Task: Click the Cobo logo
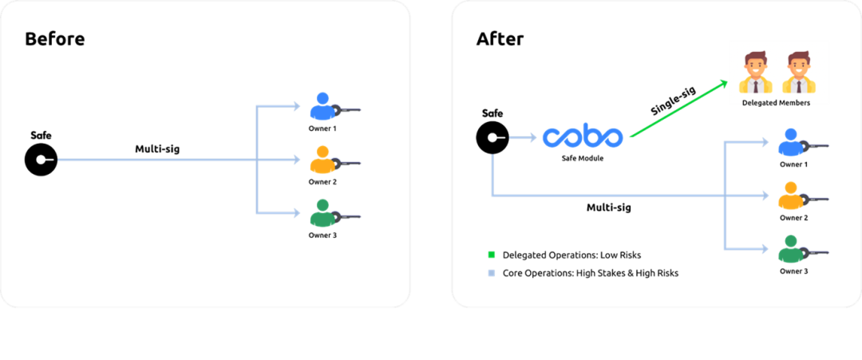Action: (x=583, y=137)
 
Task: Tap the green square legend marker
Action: (x=491, y=254)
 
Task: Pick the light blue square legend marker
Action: (x=491, y=273)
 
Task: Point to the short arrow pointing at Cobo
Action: (x=523, y=138)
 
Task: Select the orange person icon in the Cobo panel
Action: (x=789, y=196)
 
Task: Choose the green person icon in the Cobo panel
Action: (x=790, y=249)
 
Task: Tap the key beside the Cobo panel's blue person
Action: (x=817, y=146)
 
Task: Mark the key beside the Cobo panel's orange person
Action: (x=817, y=200)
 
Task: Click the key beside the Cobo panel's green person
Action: (x=817, y=253)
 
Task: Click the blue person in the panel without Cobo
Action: (x=322, y=106)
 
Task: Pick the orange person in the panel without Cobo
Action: (x=322, y=160)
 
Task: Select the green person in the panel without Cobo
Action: (x=322, y=213)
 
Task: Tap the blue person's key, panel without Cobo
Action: (x=349, y=110)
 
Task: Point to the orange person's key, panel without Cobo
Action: (x=349, y=164)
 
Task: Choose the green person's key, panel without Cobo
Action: (x=349, y=216)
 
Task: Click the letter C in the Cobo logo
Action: (x=552, y=137)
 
